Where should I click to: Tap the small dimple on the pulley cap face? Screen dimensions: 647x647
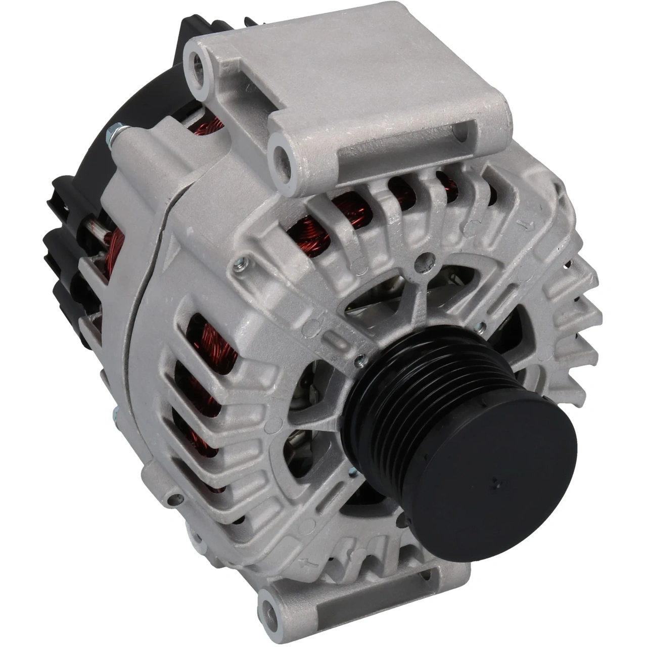[x=497, y=483]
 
